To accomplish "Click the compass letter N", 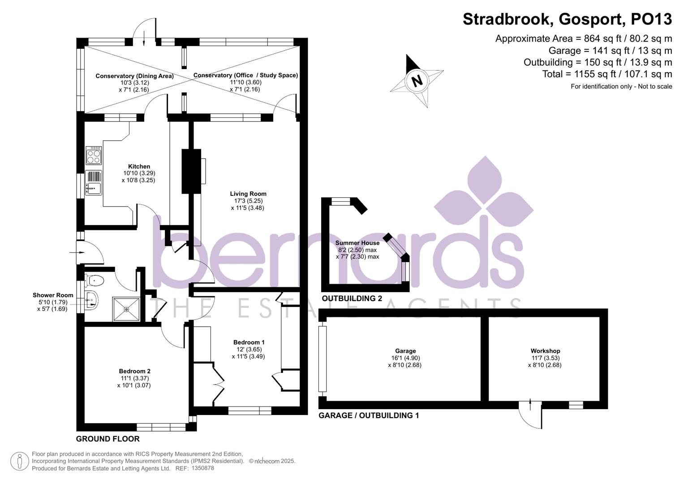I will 417,81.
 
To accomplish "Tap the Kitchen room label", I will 139,166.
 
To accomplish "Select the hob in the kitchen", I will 94,156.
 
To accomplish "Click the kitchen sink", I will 94,183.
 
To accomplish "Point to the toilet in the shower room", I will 95,281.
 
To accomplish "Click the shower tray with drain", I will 126,309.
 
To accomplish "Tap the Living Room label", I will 248,194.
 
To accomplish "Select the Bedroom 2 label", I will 134,371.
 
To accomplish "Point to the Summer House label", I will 357,243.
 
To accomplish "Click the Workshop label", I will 545,351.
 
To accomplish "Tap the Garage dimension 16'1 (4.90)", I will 405,358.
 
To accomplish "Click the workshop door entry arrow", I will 530,405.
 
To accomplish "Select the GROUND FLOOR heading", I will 108,439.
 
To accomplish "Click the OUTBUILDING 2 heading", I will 352,298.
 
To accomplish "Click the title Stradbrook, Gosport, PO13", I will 567,19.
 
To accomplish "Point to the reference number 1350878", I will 202,468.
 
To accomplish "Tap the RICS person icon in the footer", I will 19,461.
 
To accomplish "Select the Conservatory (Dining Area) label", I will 134,76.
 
